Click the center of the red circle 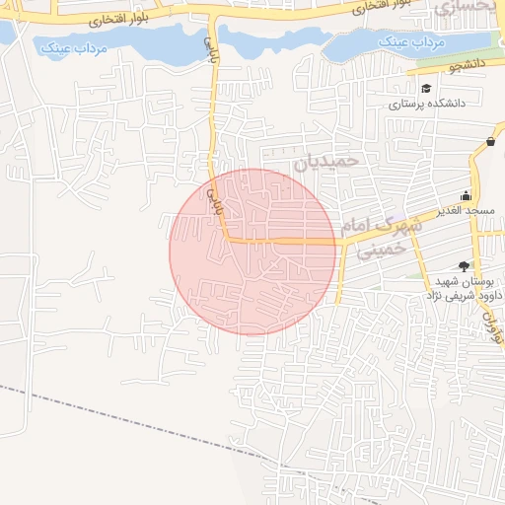pos(253,252)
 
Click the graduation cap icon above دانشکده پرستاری pos(426,89)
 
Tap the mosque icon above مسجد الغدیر pos(467,196)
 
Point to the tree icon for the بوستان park pos(465,264)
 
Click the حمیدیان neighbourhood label pos(329,159)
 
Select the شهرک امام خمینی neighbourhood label pos(381,237)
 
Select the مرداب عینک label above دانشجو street pos(407,43)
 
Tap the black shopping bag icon pos(490,142)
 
